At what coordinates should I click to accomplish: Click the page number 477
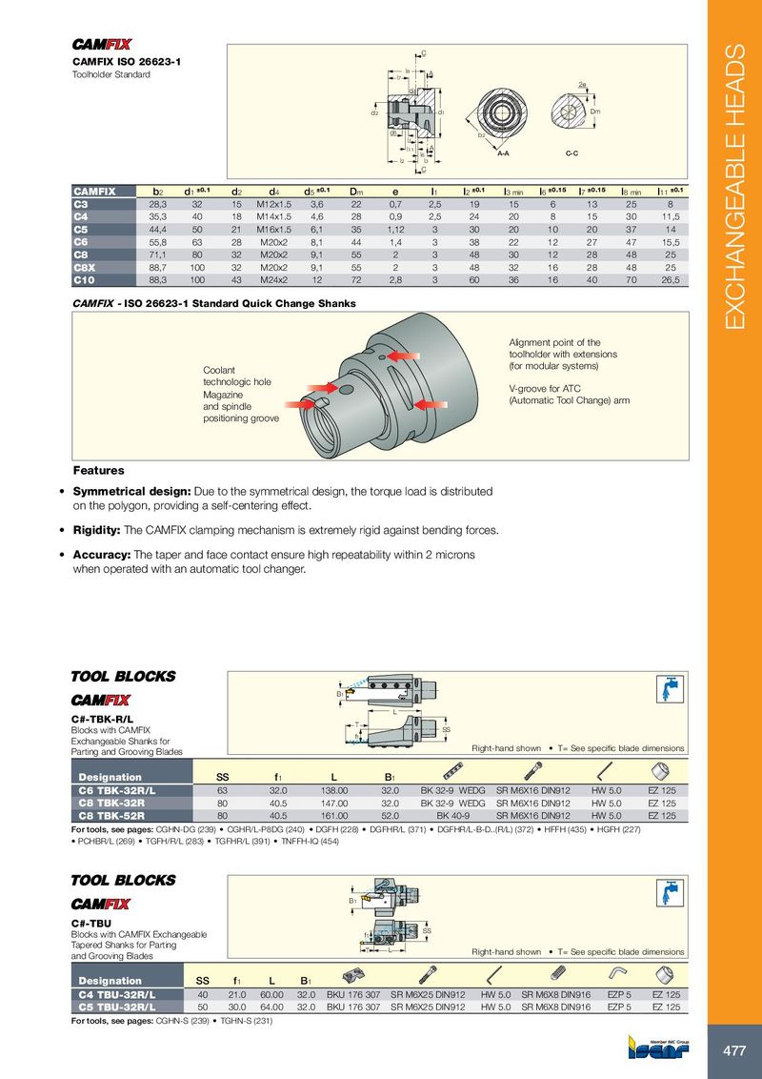pyautogui.click(x=733, y=1050)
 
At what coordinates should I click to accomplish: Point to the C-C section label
pyautogui.click(x=572, y=153)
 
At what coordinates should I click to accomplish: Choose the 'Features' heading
pyautogui.click(x=98, y=470)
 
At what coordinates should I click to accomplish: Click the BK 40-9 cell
pyautogui.click(x=453, y=816)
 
